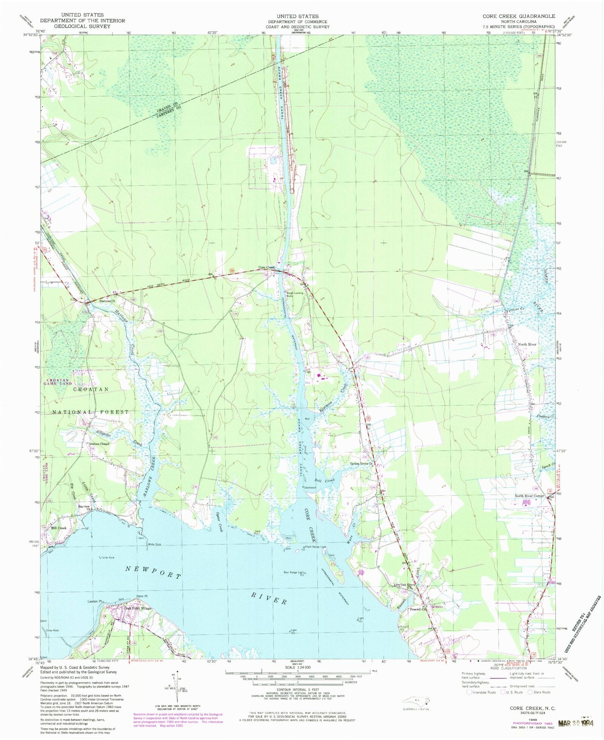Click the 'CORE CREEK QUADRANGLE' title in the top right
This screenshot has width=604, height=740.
tap(519, 16)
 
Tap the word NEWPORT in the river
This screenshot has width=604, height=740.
tap(154, 573)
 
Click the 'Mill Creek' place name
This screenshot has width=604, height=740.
tap(59, 528)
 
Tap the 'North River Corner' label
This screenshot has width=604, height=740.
tap(529, 496)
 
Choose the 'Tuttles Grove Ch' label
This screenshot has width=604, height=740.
tap(361, 464)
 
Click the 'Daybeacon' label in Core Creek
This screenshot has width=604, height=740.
tap(310, 487)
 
